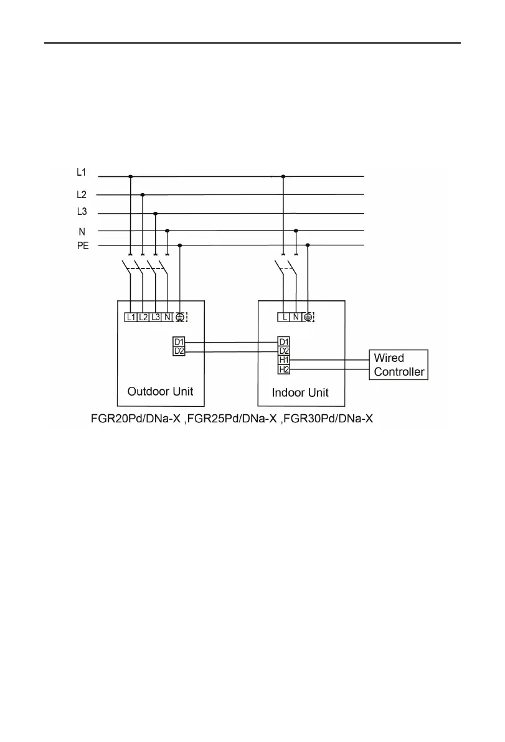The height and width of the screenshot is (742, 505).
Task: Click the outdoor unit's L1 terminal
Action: [x=131, y=317]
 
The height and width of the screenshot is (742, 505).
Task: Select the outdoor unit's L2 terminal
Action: [x=143, y=317]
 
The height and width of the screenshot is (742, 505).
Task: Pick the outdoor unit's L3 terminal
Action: [x=156, y=317]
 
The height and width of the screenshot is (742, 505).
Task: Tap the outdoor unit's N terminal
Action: [x=168, y=317]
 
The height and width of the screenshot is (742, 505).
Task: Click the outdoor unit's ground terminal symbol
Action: [x=180, y=317]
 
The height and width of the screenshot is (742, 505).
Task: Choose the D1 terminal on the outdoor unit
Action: [x=178, y=342]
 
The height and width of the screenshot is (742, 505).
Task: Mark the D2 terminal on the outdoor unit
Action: [x=178, y=352]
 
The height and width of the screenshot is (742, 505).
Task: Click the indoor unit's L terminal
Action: [x=284, y=317]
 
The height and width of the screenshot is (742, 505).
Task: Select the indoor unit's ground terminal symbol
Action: [x=308, y=317]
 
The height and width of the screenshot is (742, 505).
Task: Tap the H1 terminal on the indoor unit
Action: [x=284, y=360]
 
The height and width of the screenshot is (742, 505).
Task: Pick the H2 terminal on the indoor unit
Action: [x=284, y=369]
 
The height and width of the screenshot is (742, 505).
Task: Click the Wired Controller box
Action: [x=399, y=365]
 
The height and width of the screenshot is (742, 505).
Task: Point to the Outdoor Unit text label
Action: [x=160, y=392]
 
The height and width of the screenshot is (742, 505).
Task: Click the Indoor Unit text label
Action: [x=300, y=393]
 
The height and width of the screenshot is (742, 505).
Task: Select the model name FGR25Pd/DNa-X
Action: [x=232, y=419]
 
